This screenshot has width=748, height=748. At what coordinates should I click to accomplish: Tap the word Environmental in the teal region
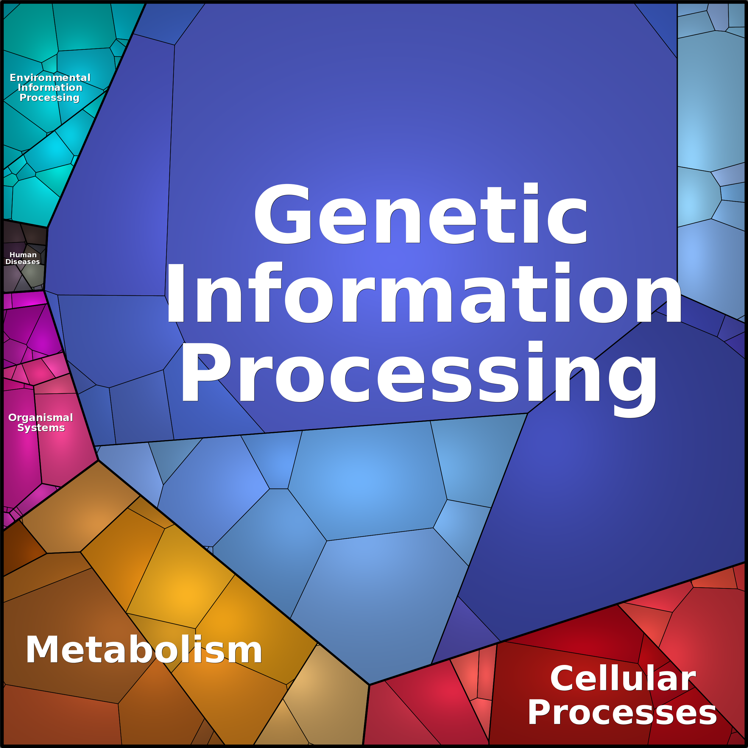pos(50,78)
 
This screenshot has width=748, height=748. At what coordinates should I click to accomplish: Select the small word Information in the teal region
pos(50,88)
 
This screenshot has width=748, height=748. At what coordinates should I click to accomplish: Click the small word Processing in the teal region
pos(49,98)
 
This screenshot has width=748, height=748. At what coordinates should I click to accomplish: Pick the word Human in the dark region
pos(23,255)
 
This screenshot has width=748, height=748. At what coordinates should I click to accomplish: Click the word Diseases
pos(22,262)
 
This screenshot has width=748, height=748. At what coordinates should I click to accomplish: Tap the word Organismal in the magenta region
pos(41,418)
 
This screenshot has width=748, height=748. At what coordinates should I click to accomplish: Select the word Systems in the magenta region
pos(41,428)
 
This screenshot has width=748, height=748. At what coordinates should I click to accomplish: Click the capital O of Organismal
pos(13,418)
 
